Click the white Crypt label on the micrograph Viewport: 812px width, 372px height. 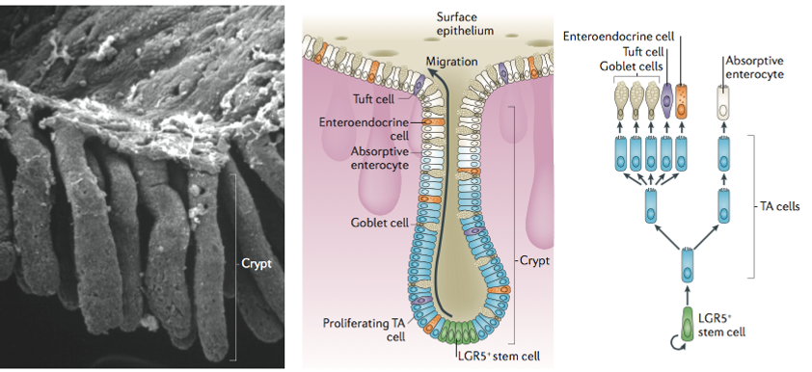(256, 260)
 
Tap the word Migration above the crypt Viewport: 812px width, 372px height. (450, 62)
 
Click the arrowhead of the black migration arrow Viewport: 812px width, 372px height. (454, 75)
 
